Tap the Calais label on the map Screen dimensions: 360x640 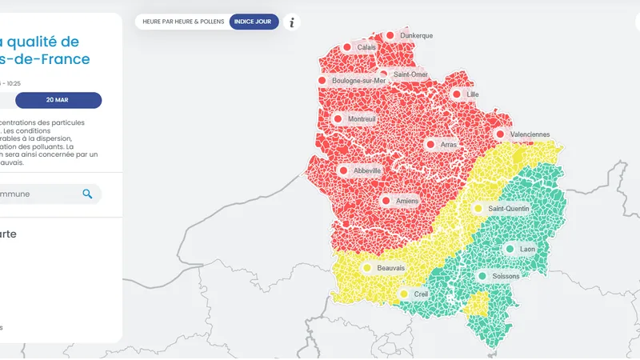(x=366, y=48)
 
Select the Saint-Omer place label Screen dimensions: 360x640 (x=410, y=74)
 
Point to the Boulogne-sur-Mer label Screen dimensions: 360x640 (x=358, y=81)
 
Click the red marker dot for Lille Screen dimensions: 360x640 (x=457, y=94)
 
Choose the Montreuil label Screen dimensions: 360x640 (x=362, y=119)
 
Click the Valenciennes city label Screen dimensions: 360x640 (x=529, y=134)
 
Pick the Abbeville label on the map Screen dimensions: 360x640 (x=366, y=170)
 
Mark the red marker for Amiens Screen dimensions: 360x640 (x=386, y=201)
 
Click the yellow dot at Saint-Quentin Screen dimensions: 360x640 (x=478, y=209)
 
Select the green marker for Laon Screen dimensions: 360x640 (x=510, y=250)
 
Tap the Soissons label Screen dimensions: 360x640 (x=506, y=276)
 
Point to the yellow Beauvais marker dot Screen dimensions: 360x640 (x=367, y=268)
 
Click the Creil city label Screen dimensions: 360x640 (x=421, y=294)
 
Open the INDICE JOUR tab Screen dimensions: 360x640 (x=254, y=22)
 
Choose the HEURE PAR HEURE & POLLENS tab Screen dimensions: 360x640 (x=183, y=22)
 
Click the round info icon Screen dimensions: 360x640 (x=292, y=22)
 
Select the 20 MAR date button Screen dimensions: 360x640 (x=58, y=100)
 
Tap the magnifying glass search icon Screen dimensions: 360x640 (x=87, y=194)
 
